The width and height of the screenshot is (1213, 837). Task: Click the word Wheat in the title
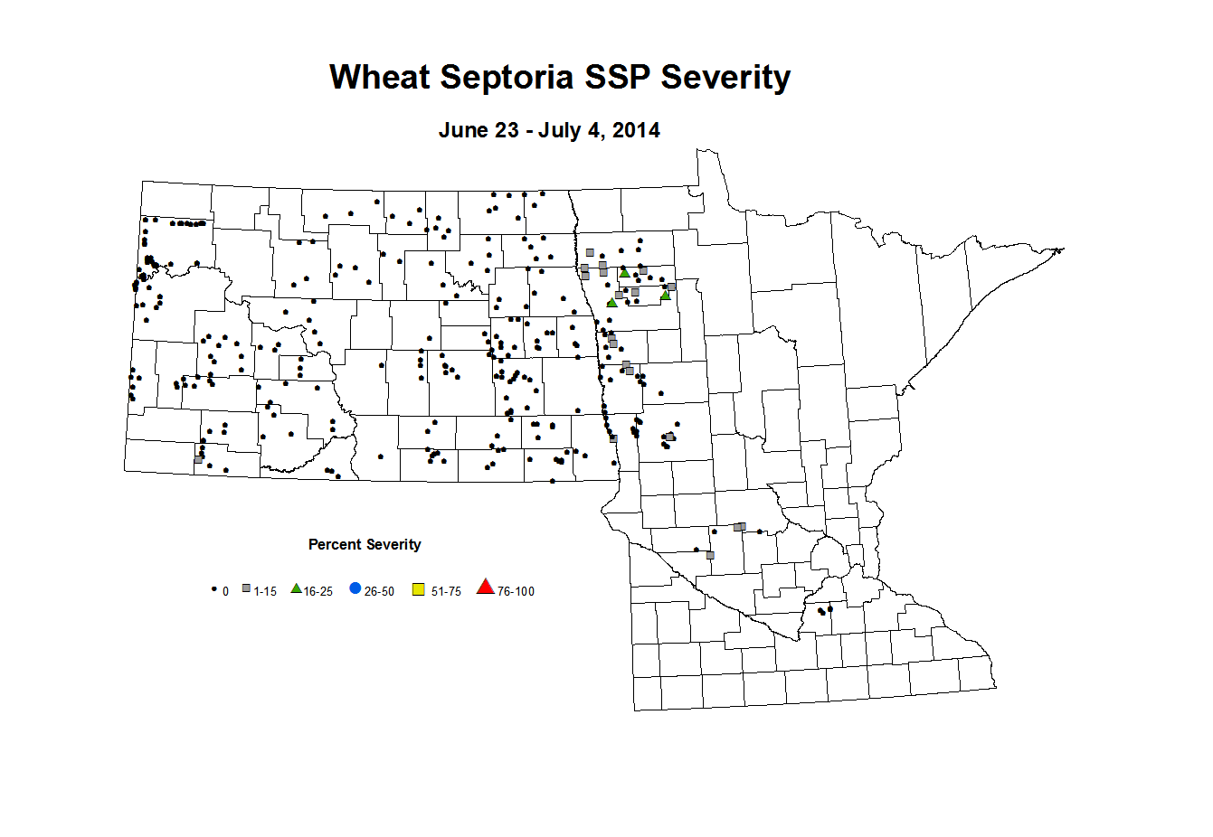click(380, 78)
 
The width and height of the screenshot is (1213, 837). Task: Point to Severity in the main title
click(725, 78)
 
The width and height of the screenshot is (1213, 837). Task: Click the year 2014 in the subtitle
click(636, 130)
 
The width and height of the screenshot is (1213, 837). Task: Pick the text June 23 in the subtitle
click(479, 130)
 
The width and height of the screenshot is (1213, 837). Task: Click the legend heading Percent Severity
click(365, 544)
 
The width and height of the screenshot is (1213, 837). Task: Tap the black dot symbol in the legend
click(214, 589)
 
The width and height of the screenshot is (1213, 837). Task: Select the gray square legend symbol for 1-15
click(246, 589)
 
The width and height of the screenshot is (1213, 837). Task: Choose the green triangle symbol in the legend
click(296, 588)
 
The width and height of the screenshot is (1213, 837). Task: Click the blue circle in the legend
click(355, 589)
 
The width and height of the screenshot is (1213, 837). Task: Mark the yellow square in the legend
click(419, 590)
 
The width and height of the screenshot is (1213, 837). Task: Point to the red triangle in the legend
click(486, 588)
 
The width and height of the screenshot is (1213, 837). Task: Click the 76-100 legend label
click(516, 592)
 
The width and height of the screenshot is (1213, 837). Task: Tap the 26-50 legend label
click(379, 592)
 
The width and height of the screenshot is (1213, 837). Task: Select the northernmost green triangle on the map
click(624, 273)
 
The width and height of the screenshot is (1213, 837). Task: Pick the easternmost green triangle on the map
click(666, 295)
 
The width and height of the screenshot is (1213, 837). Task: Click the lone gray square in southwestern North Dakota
click(198, 459)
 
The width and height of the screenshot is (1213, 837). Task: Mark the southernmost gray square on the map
click(710, 555)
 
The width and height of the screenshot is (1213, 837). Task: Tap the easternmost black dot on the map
click(829, 609)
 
